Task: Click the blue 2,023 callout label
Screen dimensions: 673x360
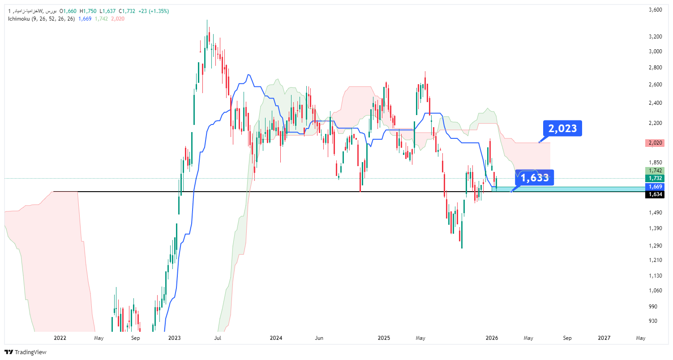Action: tap(562, 129)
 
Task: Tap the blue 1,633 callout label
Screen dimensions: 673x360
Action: tap(535, 178)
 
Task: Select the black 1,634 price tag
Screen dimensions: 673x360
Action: tap(655, 194)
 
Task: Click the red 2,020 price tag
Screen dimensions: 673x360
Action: tap(655, 143)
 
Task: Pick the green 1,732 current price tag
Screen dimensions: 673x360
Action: tap(655, 178)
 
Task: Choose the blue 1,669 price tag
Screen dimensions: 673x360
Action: tap(655, 187)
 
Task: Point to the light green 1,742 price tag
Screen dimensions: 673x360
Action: tap(655, 171)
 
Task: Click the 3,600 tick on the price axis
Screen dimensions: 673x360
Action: tap(655, 10)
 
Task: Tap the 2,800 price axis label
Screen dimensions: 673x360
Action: tap(655, 68)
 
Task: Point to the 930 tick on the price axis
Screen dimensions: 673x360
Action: tap(657, 321)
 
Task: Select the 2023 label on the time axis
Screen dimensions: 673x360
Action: tap(175, 338)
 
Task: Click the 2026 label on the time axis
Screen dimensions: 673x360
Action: tap(492, 338)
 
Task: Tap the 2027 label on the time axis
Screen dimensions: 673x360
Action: tap(604, 338)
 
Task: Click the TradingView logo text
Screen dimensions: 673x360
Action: tap(30, 352)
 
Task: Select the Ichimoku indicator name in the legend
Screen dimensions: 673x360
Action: tap(19, 19)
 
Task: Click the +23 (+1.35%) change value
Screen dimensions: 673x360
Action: tap(154, 11)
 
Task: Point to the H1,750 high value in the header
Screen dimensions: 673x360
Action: tap(88, 11)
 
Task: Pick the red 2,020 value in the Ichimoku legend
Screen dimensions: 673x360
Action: tap(118, 19)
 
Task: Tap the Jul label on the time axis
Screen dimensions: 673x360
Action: tap(218, 338)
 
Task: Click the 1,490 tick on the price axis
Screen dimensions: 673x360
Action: tap(655, 213)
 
